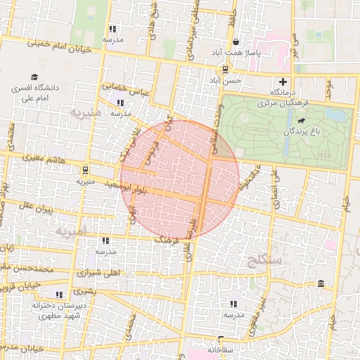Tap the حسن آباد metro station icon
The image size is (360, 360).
coord(225,69)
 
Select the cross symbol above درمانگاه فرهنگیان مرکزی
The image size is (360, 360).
coord(283,82)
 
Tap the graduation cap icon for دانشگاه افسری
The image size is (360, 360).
coord(34,77)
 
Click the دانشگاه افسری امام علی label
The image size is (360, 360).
coord(34,94)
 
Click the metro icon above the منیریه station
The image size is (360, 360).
coord(84,169)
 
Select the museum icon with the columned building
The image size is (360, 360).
coord(321,283)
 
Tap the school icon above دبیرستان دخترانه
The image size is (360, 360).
coord(58,295)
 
